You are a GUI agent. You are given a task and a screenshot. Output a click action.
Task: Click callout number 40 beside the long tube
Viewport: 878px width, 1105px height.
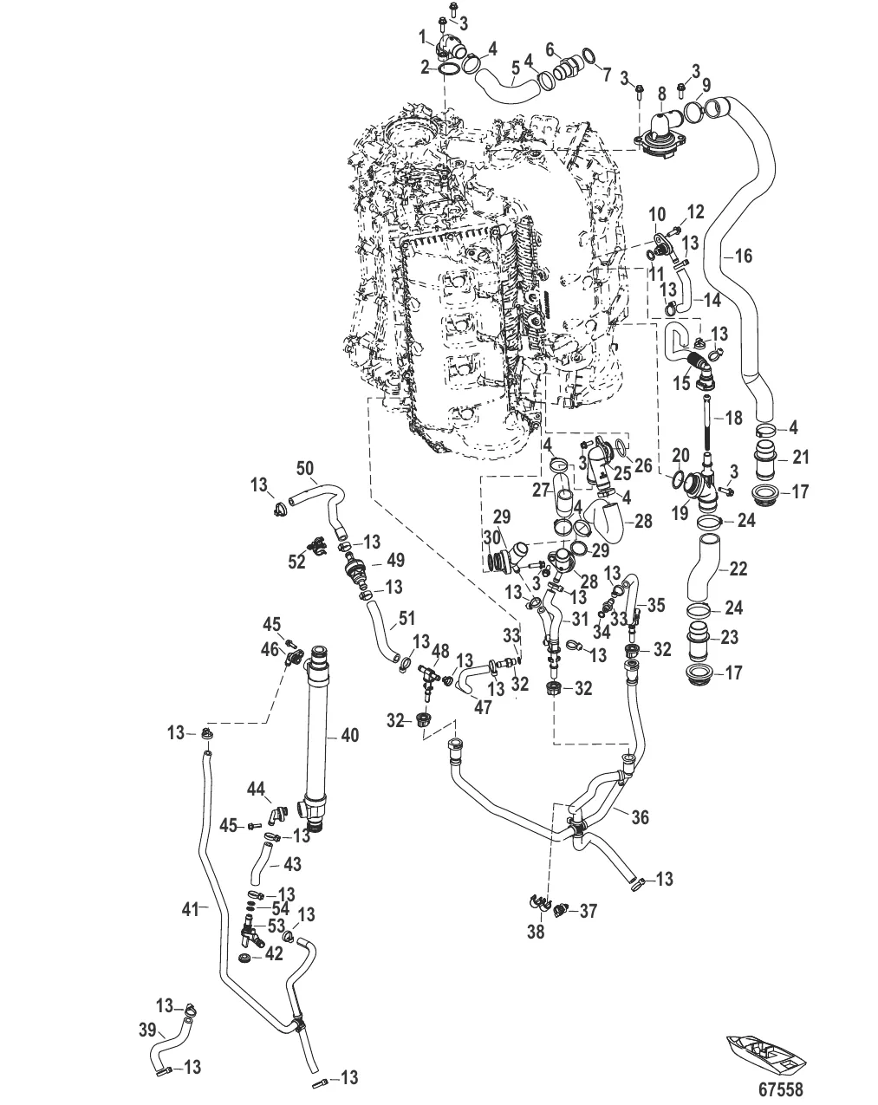coord(349,735)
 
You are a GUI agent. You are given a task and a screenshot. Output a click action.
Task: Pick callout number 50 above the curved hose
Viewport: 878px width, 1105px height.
coord(305,467)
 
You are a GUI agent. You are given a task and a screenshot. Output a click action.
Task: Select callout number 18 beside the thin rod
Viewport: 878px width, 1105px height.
coord(733,418)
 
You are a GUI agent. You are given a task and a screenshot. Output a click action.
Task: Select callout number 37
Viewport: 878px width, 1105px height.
coord(589,910)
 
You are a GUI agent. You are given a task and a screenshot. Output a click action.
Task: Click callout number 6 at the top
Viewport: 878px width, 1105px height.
coord(550,48)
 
